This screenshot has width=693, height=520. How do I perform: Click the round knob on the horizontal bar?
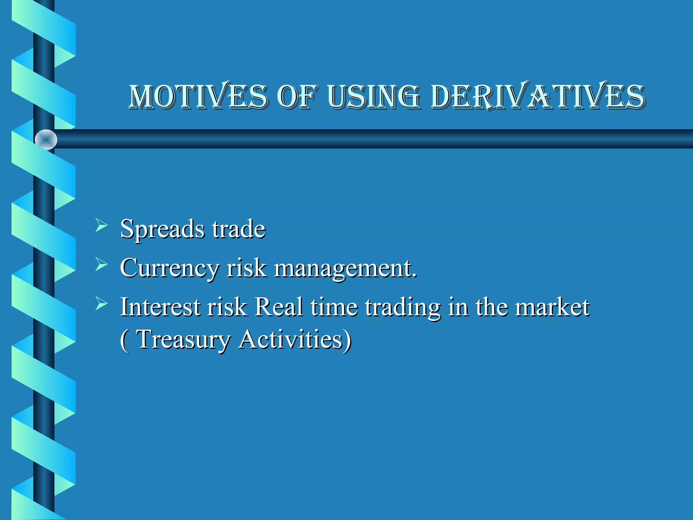(46, 139)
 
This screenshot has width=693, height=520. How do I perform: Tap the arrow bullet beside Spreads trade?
(101, 225)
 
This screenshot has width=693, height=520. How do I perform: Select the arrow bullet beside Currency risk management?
(101, 264)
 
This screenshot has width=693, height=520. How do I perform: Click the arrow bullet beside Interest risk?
(101, 303)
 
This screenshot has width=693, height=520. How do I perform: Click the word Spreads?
(162, 230)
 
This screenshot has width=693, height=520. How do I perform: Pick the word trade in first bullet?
(239, 229)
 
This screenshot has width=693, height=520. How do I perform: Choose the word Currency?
(169, 268)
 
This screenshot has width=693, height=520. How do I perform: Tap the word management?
(345, 268)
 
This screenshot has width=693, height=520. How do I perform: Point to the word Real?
(278, 307)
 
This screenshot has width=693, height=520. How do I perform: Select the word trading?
(403, 307)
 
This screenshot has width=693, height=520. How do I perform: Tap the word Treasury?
(183, 339)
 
